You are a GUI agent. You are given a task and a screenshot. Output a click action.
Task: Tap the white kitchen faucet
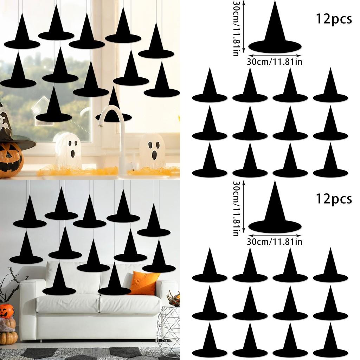[116, 134]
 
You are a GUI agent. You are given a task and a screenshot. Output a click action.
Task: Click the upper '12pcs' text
[334, 19]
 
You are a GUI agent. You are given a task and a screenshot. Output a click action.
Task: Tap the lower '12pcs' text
[334, 199]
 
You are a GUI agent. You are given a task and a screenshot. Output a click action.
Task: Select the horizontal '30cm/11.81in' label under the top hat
[275, 62]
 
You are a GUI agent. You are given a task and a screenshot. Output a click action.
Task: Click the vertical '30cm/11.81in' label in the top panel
[236, 28]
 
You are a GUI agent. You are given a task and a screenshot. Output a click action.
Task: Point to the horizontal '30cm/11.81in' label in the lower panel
[275, 242]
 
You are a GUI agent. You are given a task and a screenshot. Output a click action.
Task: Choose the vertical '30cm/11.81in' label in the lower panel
[236, 208]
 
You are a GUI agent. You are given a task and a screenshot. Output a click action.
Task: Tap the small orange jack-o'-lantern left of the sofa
[7, 310]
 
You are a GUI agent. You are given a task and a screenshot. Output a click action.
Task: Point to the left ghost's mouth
[72, 153]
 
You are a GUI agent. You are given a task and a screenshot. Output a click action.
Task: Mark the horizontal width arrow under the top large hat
[275, 55]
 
